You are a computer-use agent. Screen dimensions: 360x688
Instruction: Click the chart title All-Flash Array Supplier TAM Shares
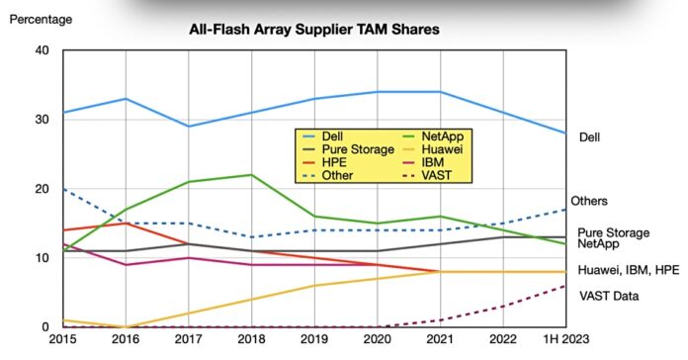pos(313,30)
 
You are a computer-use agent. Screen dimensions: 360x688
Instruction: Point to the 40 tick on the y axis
pos(42,50)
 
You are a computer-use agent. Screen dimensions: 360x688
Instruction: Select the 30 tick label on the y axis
pos(42,120)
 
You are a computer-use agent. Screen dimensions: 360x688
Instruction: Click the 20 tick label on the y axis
pos(42,189)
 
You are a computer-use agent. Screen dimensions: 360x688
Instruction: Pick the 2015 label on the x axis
pos(61,340)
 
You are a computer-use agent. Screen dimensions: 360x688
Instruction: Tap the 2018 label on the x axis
pos(251,340)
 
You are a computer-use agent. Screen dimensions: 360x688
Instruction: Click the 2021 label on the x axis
pos(441,340)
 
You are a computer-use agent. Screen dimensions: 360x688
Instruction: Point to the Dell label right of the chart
pos(590,137)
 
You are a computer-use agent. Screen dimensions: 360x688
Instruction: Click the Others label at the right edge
pos(590,202)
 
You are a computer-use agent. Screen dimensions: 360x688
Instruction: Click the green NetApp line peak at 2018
pos(251,175)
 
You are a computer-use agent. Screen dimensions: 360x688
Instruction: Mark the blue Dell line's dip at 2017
pos(188,127)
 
